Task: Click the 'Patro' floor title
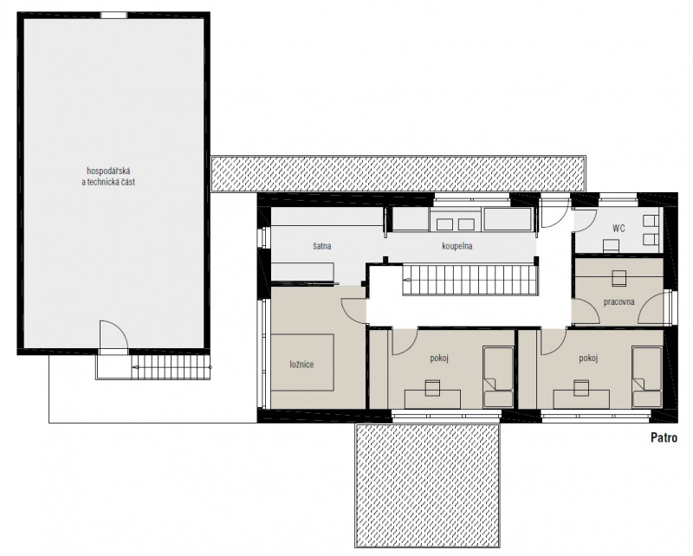pyautogui.click(x=664, y=437)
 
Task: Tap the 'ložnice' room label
pyautogui.click(x=301, y=365)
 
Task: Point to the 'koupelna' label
pyautogui.click(x=457, y=246)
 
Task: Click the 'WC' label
pyautogui.click(x=619, y=229)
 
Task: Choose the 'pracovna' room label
pyautogui.click(x=619, y=302)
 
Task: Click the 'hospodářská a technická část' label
pyautogui.click(x=109, y=176)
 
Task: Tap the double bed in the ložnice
pyautogui.click(x=302, y=362)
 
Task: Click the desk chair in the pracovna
pyautogui.click(x=619, y=277)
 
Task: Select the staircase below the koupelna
pyautogui.click(x=470, y=280)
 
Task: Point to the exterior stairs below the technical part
pyautogui.click(x=171, y=367)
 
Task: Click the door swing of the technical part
pyautogui.click(x=114, y=336)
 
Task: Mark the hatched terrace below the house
pyautogui.click(x=427, y=485)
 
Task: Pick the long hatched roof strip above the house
pyautogui.click(x=398, y=173)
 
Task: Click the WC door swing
pyautogui.click(x=583, y=220)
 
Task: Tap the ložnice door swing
pyautogui.click(x=353, y=309)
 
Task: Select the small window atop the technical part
pyautogui.click(x=113, y=15)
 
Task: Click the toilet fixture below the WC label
pyautogui.click(x=612, y=245)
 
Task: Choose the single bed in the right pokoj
pyautogui.click(x=647, y=377)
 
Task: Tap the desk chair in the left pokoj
pyautogui.click(x=432, y=388)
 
